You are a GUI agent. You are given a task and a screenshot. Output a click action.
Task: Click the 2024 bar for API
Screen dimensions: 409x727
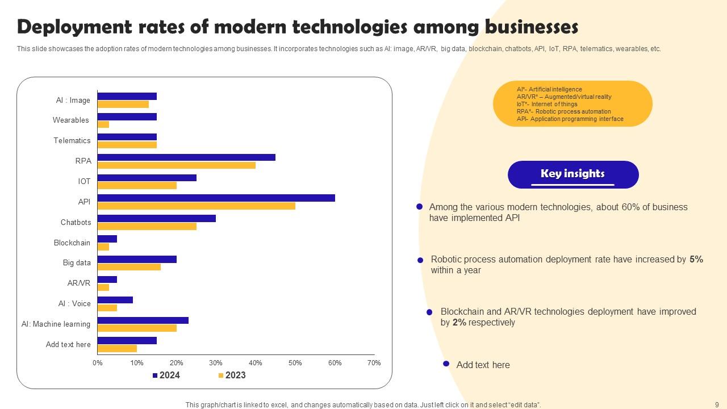pyautogui.click(x=216, y=198)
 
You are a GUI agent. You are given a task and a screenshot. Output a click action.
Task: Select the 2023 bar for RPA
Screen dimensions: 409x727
pyautogui.click(x=176, y=165)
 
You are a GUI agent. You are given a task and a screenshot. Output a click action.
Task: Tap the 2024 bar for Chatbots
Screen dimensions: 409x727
pyautogui.click(x=156, y=218)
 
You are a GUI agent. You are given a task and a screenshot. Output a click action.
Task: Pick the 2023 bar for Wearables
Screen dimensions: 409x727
pyautogui.click(x=103, y=124)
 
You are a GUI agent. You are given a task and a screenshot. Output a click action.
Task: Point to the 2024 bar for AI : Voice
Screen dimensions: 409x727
pyautogui.click(x=115, y=300)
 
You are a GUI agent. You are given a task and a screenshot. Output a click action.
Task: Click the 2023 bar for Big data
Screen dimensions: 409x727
pyautogui.click(x=129, y=267)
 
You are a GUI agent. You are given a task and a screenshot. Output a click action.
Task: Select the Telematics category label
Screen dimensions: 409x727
pyautogui.click(x=72, y=140)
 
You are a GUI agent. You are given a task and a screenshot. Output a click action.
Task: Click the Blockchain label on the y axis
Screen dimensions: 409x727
pyautogui.click(x=72, y=243)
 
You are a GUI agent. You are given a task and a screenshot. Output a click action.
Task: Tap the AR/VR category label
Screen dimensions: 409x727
pyautogui.click(x=79, y=283)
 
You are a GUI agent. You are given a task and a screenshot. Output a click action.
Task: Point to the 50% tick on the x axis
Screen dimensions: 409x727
pyautogui.click(x=295, y=363)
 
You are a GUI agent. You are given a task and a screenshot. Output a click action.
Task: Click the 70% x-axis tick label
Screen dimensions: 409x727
pyautogui.click(x=374, y=363)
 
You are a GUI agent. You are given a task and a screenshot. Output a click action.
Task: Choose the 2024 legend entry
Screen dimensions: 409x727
pyautogui.click(x=166, y=375)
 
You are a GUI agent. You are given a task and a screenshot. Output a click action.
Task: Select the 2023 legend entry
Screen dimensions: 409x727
pyautogui.click(x=232, y=375)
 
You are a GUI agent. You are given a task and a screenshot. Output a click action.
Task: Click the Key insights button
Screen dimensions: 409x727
pyautogui.click(x=573, y=174)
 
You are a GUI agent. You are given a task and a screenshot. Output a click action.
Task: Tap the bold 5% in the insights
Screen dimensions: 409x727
pyautogui.click(x=696, y=260)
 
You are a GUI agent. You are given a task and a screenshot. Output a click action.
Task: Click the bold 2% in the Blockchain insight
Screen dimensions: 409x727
pyautogui.click(x=459, y=323)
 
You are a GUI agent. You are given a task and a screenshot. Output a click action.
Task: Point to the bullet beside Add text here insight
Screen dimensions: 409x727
pyautogui.click(x=446, y=364)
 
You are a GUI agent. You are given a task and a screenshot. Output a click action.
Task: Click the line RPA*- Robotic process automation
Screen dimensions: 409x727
pyautogui.click(x=563, y=112)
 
